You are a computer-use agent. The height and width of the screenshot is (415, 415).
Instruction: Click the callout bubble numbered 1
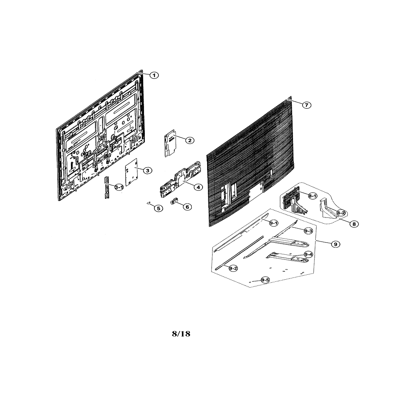point(154,75)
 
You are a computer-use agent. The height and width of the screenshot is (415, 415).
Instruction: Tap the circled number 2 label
point(190,140)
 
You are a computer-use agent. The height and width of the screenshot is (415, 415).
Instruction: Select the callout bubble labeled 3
point(147,171)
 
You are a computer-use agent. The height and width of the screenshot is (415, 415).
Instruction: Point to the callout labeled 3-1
point(119,187)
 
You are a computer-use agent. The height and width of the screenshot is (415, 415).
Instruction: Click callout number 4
point(198,187)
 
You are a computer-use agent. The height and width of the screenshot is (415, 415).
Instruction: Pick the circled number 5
point(158,208)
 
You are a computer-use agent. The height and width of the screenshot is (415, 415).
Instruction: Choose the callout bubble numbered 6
point(187,207)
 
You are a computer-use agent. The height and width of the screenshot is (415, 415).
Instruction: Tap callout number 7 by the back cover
point(307,105)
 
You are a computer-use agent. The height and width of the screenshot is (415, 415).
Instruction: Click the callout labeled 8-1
point(312,196)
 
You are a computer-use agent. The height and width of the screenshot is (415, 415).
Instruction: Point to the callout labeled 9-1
point(273,223)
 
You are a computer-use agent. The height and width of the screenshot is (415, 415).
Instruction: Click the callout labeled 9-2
point(233,269)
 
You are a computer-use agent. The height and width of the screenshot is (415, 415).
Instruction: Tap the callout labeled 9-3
point(308,231)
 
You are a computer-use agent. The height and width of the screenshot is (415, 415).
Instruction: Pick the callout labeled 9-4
point(308,254)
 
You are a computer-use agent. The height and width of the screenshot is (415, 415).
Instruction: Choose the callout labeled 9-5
point(265,280)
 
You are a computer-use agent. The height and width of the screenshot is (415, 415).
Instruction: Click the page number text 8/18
point(181,334)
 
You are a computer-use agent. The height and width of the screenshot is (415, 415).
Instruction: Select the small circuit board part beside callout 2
point(170,143)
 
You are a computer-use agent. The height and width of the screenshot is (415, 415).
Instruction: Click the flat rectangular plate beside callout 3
point(131,172)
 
